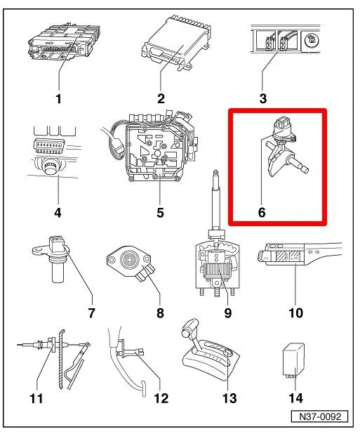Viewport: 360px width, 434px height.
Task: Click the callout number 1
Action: [x=58, y=99]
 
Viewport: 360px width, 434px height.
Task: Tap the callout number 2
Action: [x=161, y=99]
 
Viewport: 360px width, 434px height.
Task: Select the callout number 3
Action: [x=263, y=99]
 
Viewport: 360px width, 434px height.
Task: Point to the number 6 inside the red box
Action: [x=262, y=212]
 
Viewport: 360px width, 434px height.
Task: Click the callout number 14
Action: [x=295, y=398]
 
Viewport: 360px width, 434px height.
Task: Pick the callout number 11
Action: [x=36, y=399]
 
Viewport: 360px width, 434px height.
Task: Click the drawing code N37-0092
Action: [x=319, y=416]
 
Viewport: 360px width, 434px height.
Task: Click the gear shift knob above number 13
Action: [x=190, y=327]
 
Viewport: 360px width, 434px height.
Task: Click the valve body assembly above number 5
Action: [x=155, y=147]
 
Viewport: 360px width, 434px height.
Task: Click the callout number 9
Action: [x=228, y=313]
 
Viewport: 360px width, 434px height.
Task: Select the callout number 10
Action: [x=295, y=313]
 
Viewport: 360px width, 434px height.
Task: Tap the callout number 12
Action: [x=161, y=399]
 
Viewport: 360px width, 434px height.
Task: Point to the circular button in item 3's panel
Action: [x=312, y=41]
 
